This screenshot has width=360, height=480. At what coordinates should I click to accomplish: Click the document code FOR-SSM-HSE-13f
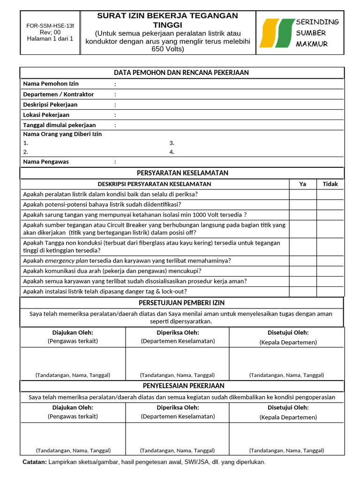coord(50,26)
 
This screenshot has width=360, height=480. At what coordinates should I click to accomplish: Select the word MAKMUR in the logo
coord(312,44)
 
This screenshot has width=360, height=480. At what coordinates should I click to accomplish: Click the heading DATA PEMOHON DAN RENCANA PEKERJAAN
coord(181,73)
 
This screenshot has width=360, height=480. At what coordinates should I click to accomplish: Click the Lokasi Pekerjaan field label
coord(46,115)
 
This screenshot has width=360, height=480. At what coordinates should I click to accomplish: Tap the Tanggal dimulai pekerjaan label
coord(60,125)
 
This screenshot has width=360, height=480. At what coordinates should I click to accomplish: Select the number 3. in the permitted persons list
coord(172,143)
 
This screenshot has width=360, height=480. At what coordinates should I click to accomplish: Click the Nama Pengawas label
coord(46,162)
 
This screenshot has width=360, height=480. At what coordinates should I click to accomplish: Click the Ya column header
coord(302,184)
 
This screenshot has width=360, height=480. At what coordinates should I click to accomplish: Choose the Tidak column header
coord(330,184)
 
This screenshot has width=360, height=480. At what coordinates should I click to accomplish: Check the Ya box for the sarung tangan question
coord(302,215)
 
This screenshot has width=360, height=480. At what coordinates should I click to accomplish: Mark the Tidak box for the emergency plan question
coord(330,261)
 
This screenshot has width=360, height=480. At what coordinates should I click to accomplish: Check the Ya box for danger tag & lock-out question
coord(302,291)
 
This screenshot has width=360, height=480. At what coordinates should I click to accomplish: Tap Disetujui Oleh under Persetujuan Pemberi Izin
coord(288,333)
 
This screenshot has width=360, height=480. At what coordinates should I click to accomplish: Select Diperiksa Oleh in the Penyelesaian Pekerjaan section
coord(178,407)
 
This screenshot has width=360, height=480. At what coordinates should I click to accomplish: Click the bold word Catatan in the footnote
coord(35,462)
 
